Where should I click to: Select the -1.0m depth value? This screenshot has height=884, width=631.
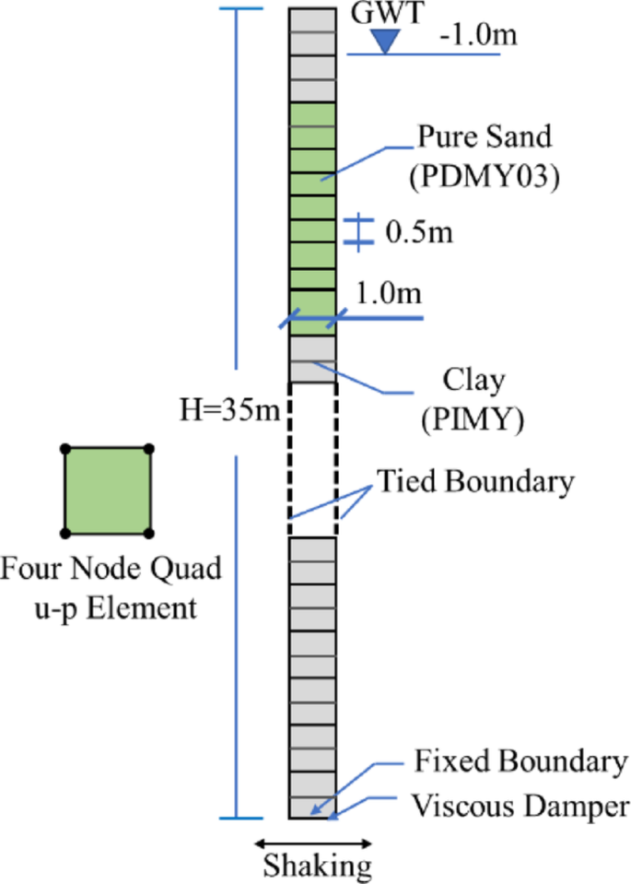[478, 37]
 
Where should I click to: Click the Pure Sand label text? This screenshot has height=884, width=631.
[485, 137]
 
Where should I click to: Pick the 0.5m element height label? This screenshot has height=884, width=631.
[419, 232]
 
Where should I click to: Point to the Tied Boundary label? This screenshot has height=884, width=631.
[474, 481]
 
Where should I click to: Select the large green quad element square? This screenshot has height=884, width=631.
[108, 490]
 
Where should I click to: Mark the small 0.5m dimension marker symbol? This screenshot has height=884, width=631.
[358, 232]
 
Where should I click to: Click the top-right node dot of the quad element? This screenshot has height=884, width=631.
[150, 449]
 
